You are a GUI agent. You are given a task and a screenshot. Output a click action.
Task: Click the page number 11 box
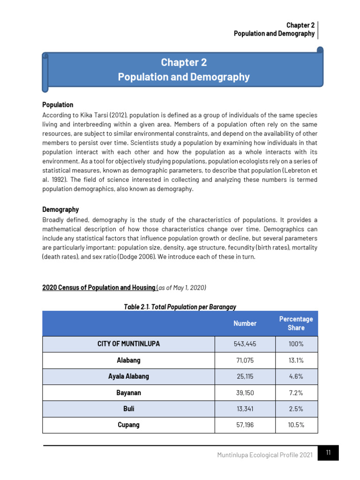pyautogui.click(x=328, y=453)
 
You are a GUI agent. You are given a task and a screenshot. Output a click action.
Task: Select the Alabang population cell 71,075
pyautogui.click(x=245, y=360)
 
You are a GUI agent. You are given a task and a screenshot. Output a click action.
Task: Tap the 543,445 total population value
pyautogui.click(x=245, y=344)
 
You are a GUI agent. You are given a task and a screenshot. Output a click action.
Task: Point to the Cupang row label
pyautogui.click(x=128, y=425)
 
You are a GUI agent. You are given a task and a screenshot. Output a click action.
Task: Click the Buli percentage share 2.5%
pyautogui.click(x=296, y=409)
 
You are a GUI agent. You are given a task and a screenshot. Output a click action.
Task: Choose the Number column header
pyautogui.click(x=245, y=323)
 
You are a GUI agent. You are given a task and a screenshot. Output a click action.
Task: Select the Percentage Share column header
pyautogui.click(x=296, y=323)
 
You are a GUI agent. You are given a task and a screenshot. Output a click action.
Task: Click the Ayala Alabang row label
pyautogui.click(x=128, y=376)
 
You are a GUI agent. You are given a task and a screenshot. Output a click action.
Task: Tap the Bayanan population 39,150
pyautogui.click(x=245, y=393)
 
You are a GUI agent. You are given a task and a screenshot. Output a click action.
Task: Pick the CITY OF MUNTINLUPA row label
pyautogui.click(x=128, y=344)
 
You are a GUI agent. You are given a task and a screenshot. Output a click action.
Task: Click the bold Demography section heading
pyautogui.click(x=60, y=210)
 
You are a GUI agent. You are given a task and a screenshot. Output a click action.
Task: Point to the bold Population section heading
pyautogui.click(x=58, y=105)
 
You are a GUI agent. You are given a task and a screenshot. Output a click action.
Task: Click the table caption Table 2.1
pyautogui.click(x=180, y=307)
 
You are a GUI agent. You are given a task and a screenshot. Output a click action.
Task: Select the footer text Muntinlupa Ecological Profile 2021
pyautogui.click(x=265, y=456)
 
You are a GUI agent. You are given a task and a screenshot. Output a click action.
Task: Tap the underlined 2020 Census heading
pyautogui.click(x=99, y=287)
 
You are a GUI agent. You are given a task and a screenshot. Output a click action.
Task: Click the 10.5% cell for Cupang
pyautogui.click(x=296, y=425)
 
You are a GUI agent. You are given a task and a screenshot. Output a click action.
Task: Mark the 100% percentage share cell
pyautogui.click(x=296, y=344)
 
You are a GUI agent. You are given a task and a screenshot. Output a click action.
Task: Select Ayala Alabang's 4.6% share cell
pyautogui.click(x=296, y=376)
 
